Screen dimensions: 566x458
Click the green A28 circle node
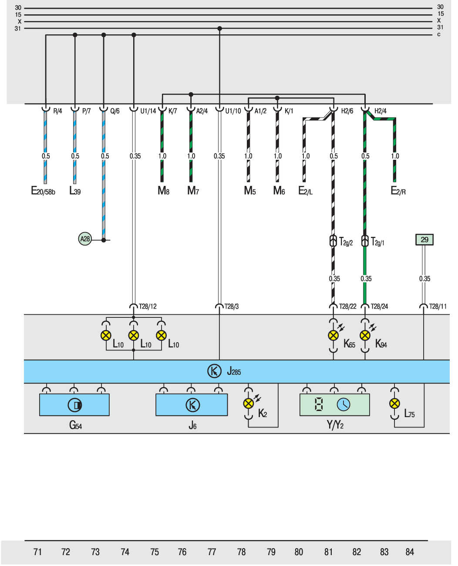85,239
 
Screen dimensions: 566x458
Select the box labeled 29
424,239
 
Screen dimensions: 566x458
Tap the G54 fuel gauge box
74,405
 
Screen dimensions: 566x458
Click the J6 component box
192,405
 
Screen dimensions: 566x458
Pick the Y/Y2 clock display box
334,405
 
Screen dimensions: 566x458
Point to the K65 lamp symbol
333,335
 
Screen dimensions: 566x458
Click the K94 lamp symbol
365,335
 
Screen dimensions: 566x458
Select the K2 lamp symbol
249,404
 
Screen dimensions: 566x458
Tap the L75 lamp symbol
394,404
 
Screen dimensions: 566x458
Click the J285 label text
234,372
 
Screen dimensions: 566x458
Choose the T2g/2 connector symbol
333,241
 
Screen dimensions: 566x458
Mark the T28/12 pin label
148,307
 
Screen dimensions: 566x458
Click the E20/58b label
43,191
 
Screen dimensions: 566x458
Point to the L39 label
75,191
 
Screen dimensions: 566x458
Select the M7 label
193,191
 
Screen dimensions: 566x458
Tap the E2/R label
398,191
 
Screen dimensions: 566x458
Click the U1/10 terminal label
233,111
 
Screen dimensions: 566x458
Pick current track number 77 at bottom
212,552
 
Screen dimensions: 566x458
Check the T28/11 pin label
438,307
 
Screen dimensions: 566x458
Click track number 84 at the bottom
410,552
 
